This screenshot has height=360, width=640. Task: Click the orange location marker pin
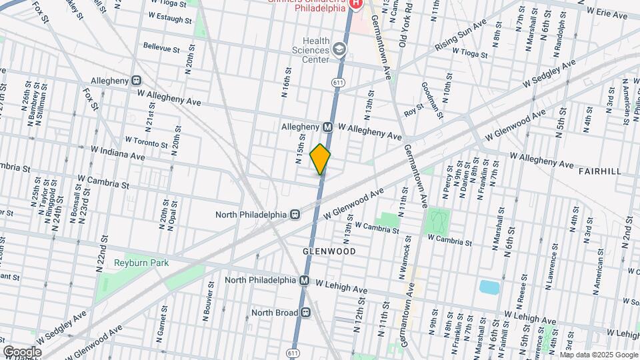(321, 159)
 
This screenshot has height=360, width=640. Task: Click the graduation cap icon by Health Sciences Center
(341, 50)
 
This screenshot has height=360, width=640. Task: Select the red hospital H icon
(355, 3)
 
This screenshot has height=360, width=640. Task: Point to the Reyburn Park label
(141, 263)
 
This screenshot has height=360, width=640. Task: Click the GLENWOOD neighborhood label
(329, 251)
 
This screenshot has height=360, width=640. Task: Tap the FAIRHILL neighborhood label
(600, 171)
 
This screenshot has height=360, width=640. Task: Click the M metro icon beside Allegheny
(328, 127)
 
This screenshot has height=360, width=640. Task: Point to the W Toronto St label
(147, 143)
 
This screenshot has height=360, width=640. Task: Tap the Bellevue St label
(162, 49)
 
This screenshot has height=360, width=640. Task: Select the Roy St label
(414, 106)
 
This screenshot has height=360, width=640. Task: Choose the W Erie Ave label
(609, 11)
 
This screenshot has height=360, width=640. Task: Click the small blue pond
(489, 287)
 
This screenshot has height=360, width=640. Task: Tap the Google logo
(21, 351)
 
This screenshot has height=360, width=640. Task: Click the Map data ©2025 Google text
(599, 355)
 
